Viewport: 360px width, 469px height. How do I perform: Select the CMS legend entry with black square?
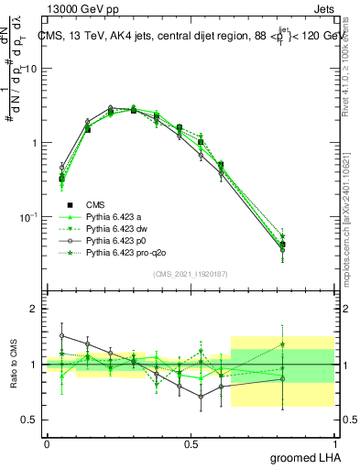click(95, 204)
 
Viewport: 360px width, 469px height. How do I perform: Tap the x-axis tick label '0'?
click(47, 442)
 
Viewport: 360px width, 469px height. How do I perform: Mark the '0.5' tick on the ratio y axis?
click(30, 420)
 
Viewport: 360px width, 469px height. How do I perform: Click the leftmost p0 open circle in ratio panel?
click(61, 335)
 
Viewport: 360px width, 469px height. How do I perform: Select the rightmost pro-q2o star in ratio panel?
click(308, 344)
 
